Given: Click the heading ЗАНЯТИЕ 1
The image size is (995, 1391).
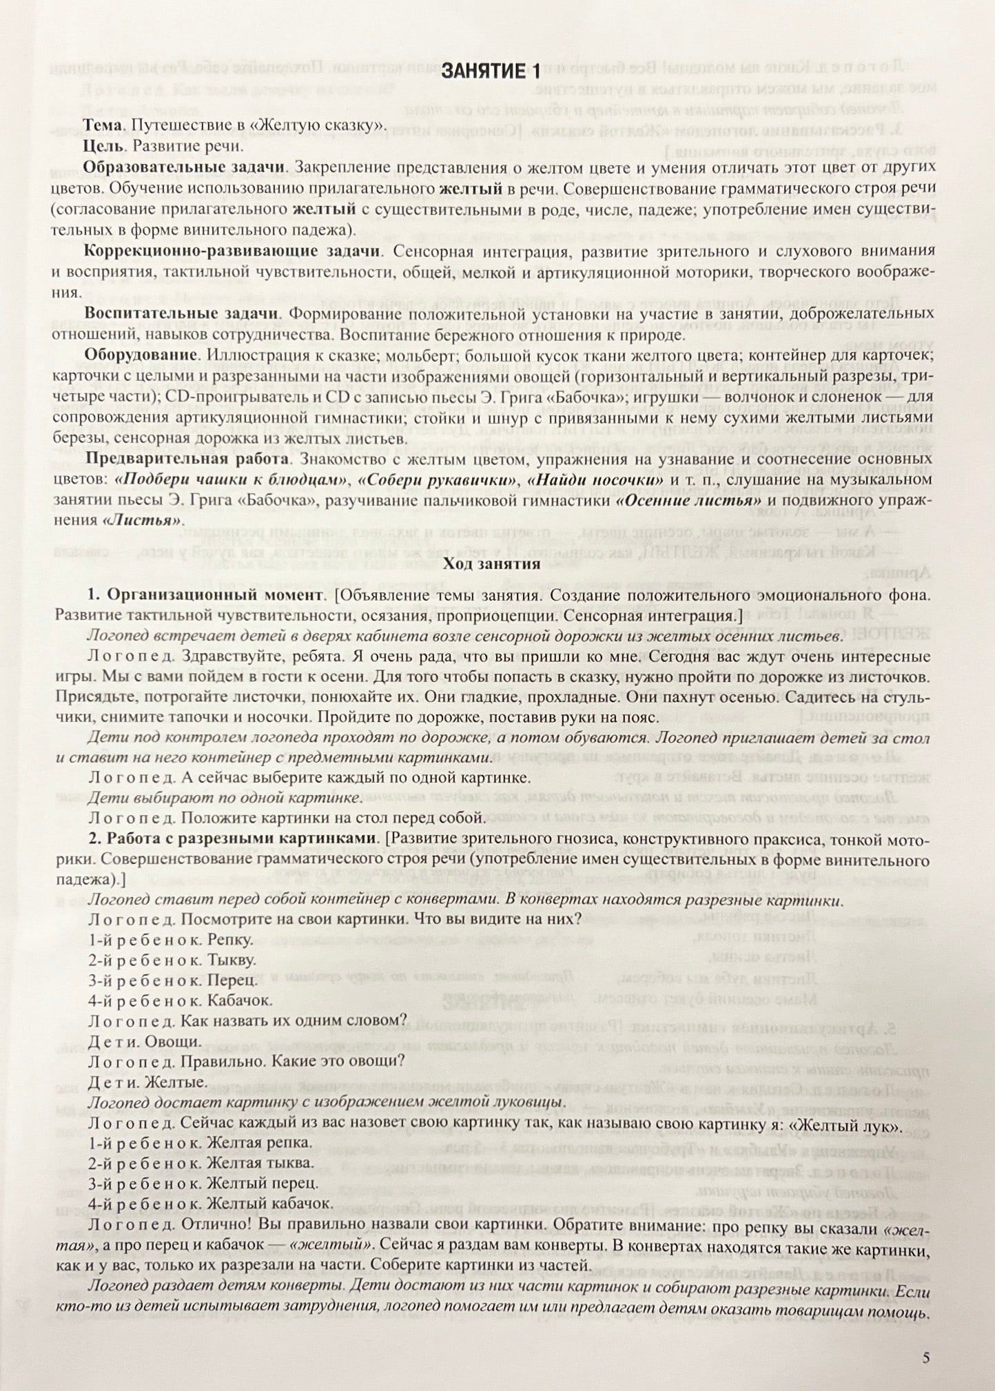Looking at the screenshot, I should click(491, 71).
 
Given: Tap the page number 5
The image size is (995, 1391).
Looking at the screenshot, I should click(925, 1357).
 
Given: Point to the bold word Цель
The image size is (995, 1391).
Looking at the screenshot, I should click(104, 146).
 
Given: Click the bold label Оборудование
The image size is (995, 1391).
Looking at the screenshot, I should click(141, 355).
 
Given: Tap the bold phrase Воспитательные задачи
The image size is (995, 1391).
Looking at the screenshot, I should click(181, 313).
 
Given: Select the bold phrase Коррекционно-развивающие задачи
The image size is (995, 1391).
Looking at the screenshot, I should click(230, 251).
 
